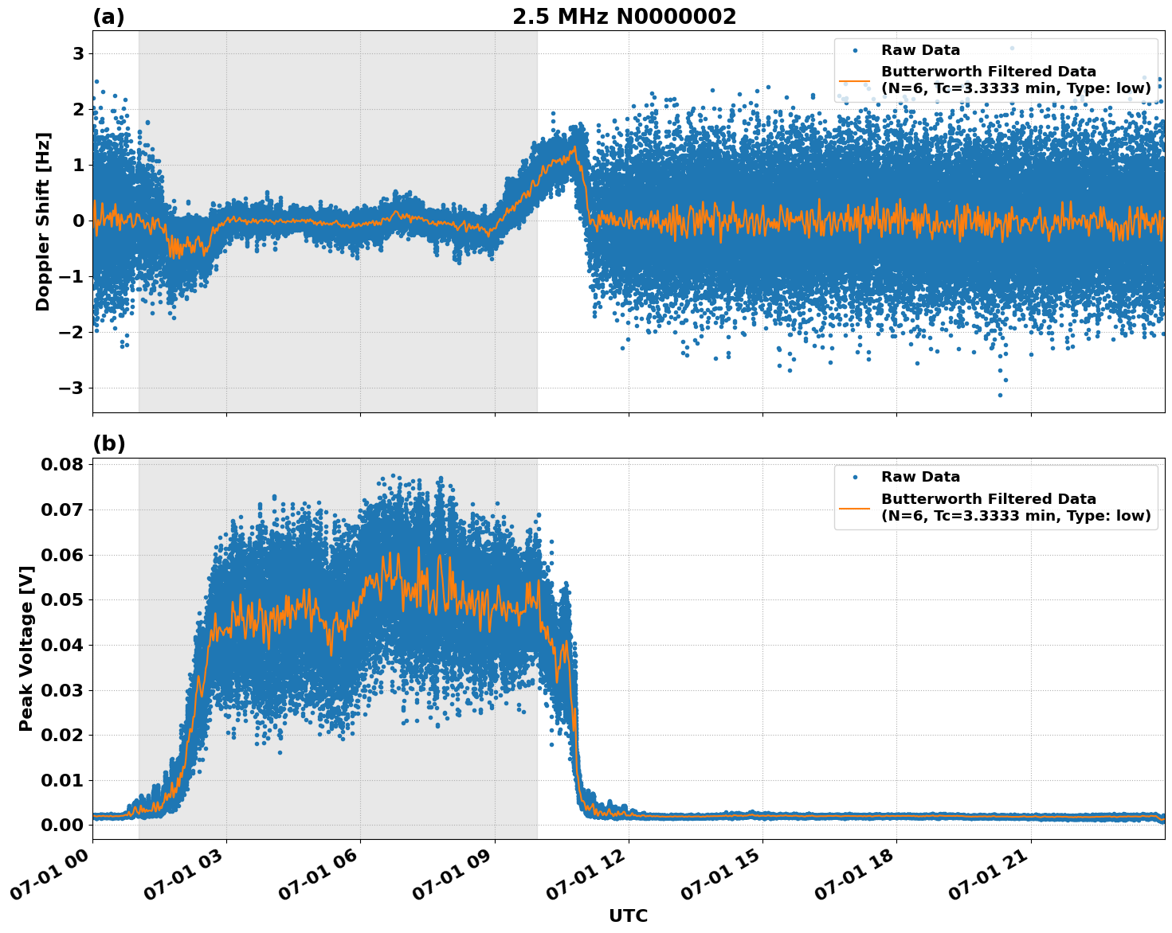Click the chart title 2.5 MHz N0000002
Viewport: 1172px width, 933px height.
click(624, 17)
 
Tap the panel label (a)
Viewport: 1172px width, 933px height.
click(108, 17)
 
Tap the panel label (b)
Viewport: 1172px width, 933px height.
click(108, 443)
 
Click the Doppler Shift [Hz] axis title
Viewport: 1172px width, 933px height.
click(43, 221)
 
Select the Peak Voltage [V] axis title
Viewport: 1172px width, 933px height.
click(26, 644)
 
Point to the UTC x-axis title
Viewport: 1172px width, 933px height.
click(628, 915)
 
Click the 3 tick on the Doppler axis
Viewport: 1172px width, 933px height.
click(79, 53)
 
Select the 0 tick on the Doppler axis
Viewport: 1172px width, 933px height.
click(79, 221)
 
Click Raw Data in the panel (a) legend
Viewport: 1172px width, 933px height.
click(920, 50)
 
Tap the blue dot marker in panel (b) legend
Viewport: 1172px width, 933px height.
click(854, 477)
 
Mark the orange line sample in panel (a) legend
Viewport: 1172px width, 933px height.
click(854, 80)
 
